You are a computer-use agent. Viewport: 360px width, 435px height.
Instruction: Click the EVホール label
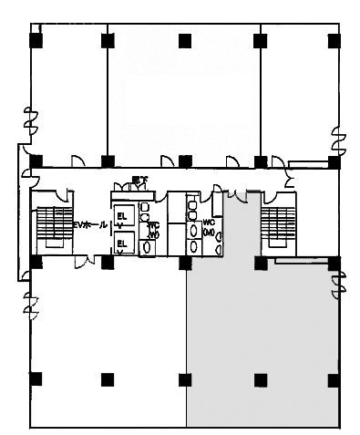coord(90,223)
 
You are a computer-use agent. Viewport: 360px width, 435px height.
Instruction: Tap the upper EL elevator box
coord(123,214)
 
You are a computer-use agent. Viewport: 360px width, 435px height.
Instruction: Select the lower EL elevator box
coord(123,243)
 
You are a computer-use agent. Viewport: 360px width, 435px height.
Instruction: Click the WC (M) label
coord(209,227)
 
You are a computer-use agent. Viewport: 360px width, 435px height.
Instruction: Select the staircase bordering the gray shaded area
coord(275,227)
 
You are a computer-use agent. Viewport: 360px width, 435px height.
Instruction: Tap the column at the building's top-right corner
coord(334,40)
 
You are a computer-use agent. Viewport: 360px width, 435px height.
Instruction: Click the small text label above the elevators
coord(139,179)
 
